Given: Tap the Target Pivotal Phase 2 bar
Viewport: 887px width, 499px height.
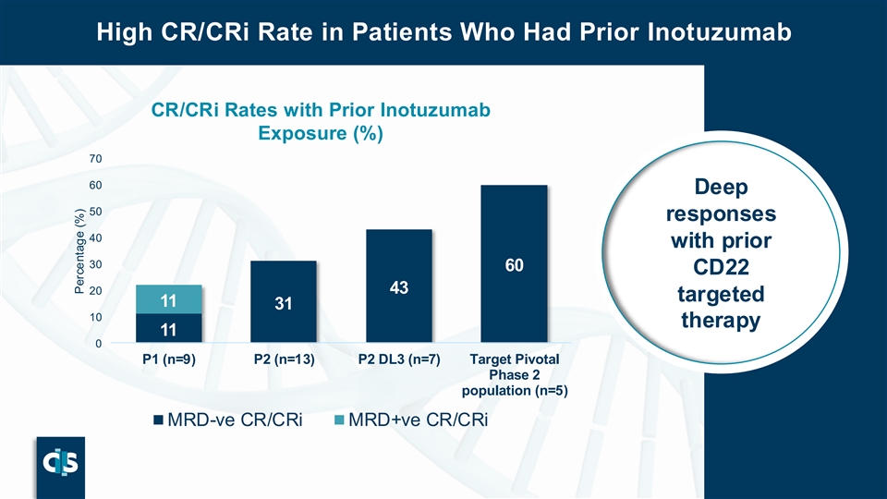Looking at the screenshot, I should [515, 264].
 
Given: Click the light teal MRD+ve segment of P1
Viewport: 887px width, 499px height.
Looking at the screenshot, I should [168, 299].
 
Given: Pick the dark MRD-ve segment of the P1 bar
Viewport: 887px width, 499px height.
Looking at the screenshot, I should [168, 329].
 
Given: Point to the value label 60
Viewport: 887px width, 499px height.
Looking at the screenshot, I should [515, 266].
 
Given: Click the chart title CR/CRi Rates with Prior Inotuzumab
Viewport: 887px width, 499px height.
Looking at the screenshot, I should [320, 110].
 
